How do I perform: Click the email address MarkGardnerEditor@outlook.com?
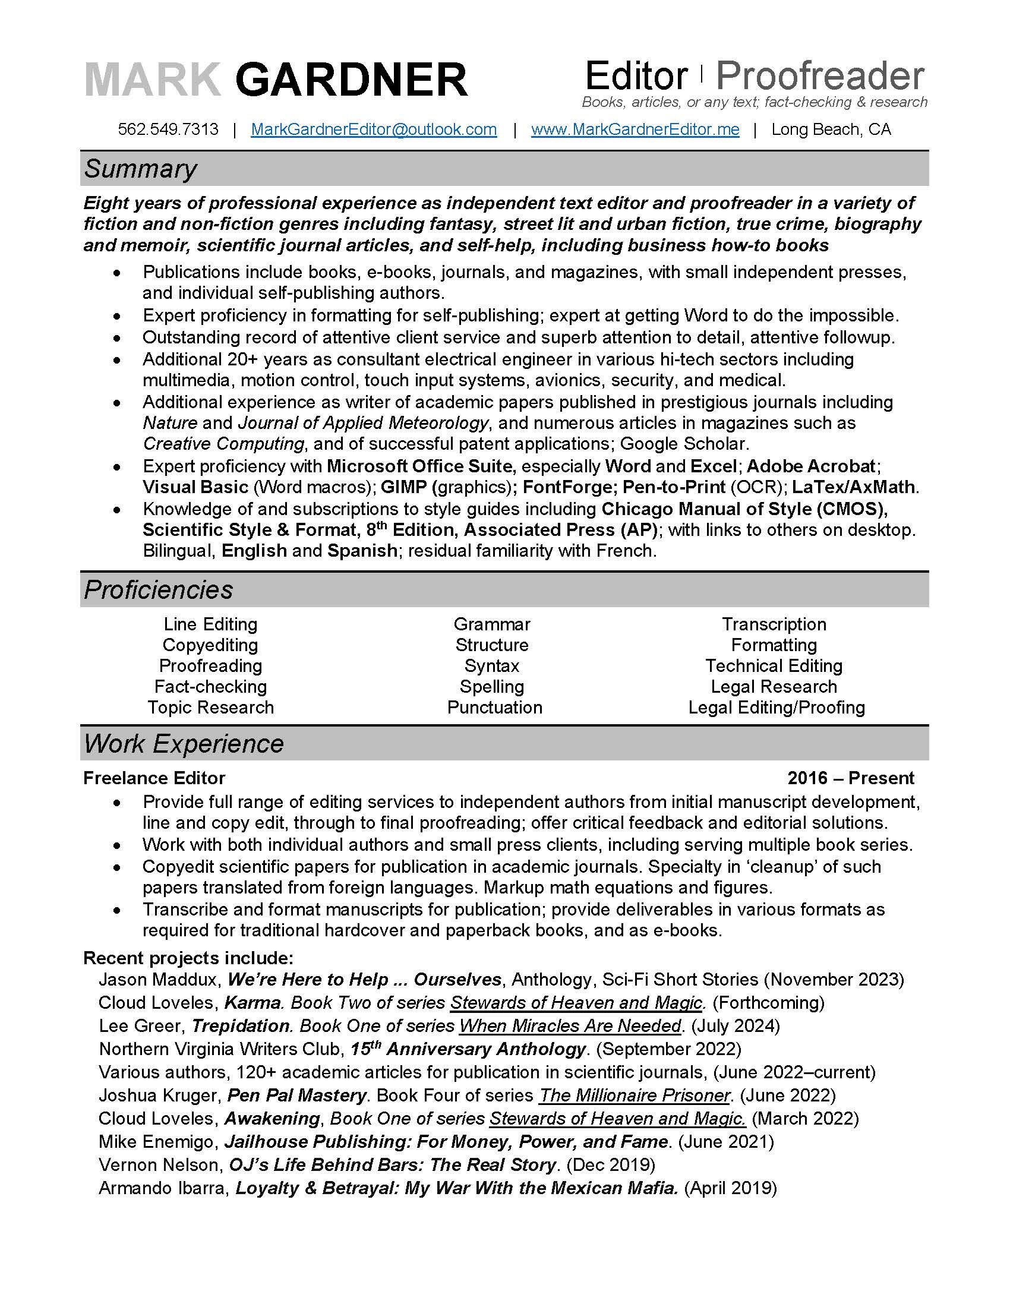click(373, 130)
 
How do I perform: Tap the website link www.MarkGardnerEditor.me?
click(635, 130)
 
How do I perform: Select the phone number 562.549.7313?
click(168, 130)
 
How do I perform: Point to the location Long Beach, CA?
click(831, 130)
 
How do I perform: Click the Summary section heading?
click(140, 169)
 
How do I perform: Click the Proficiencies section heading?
click(158, 589)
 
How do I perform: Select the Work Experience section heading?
click(184, 744)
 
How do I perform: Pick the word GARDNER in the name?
click(351, 80)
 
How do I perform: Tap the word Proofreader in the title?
click(820, 77)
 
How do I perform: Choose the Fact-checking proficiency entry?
click(211, 686)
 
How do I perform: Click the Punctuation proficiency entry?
click(494, 708)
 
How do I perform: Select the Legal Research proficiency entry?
click(774, 686)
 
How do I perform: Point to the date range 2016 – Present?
click(850, 778)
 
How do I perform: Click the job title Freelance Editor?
click(154, 778)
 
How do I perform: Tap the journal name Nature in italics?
click(170, 423)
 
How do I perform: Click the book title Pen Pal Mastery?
click(297, 1095)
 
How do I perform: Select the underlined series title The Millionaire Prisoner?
click(635, 1095)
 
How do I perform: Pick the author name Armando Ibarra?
click(162, 1188)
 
